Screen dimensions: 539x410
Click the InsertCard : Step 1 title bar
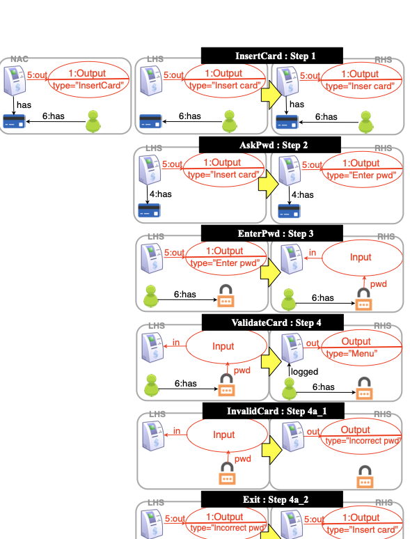pos(271,56)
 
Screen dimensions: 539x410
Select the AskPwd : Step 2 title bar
pos(270,145)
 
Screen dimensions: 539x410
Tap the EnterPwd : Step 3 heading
pos(271,233)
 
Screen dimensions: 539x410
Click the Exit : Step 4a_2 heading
pos(271,499)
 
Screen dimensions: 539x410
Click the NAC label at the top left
pos(19,61)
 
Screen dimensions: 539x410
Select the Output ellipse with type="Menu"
pos(361,347)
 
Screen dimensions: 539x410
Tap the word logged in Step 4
pos(304,372)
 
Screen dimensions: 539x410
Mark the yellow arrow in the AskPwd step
pos(268,185)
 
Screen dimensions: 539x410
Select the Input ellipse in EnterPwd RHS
pos(361,257)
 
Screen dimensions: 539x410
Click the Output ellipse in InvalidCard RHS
pos(361,435)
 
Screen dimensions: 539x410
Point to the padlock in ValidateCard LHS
pos(227,387)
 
